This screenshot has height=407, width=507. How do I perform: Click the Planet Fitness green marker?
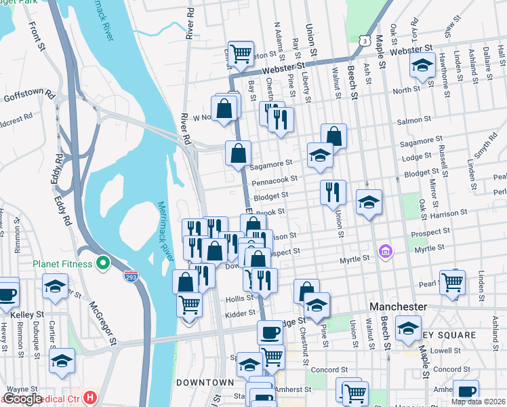(103, 262)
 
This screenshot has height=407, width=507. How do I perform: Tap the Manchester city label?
(398, 307)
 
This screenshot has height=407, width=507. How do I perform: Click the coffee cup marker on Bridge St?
(270, 332)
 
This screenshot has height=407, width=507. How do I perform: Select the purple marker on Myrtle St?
(386, 252)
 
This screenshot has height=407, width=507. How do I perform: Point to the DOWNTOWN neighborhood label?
(196, 383)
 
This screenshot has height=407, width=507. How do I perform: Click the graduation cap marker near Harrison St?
(369, 201)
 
